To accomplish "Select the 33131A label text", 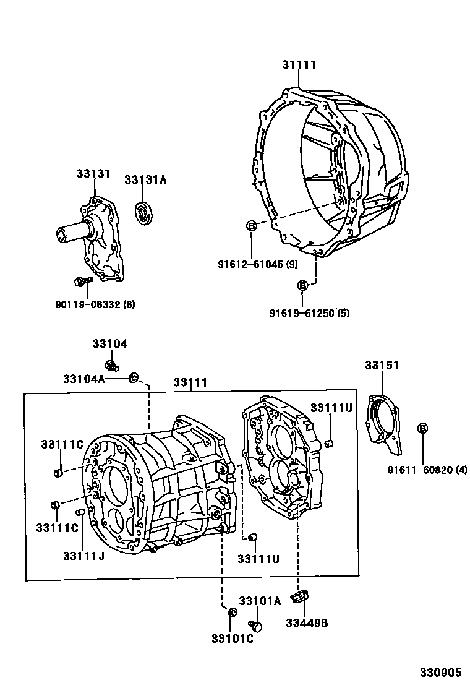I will pyautogui.click(x=145, y=180).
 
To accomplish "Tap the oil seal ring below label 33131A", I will pyautogui.click(x=144, y=214).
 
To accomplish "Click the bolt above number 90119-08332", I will pyautogui.click(x=82, y=282).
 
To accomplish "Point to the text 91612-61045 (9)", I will pyautogui.click(x=257, y=264).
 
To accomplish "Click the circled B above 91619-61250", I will pyautogui.click(x=303, y=285).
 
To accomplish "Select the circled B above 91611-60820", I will pyautogui.click(x=423, y=428).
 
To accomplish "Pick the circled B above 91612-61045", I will pyautogui.click(x=252, y=226).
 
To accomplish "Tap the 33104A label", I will pyautogui.click(x=84, y=379).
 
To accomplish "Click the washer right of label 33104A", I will pyautogui.click(x=133, y=377).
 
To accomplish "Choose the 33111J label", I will pyautogui.click(x=83, y=556).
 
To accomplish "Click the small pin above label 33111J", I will pyautogui.click(x=80, y=512).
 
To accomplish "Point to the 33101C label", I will pyautogui.click(x=231, y=639).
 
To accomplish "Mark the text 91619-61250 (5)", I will pyautogui.click(x=309, y=313).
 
